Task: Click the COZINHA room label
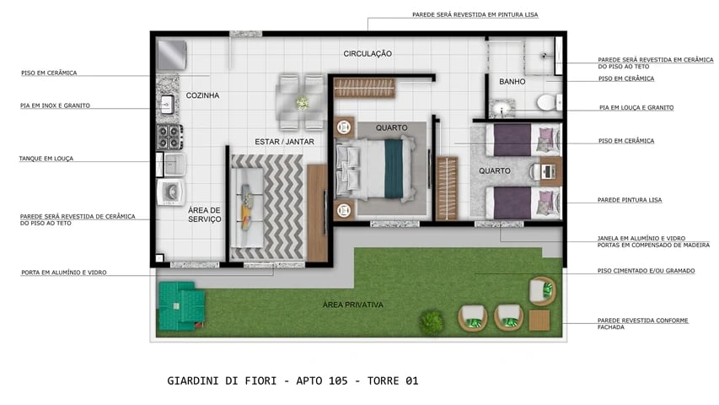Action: coord(202,95)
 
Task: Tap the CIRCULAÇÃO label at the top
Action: coord(368,54)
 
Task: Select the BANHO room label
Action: coord(512,82)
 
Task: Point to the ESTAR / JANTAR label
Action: coord(284,142)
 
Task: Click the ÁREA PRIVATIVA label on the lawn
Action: coord(353,305)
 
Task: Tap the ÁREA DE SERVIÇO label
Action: coord(204,214)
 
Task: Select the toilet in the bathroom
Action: coord(546,102)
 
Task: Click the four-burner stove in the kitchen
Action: coord(169,135)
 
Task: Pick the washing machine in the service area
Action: coord(171,192)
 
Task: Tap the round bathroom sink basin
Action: coord(502,109)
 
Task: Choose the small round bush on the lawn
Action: coord(432,321)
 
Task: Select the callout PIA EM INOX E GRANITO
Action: coord(55,105)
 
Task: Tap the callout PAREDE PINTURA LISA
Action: coord(630,200)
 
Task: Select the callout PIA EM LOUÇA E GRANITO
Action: coord(636,108)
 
